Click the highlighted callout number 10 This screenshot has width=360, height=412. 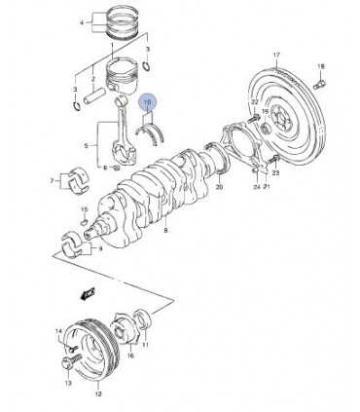(x=149, y=101)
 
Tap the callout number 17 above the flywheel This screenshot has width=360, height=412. (x=275, y=55)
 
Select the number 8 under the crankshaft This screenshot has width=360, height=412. (x=166, y=231)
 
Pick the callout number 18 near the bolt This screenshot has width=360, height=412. (x=321, y=65)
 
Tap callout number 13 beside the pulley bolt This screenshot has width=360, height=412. (x=69, y=384)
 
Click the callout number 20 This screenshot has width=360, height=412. (x=220, y=186)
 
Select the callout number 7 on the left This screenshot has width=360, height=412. (x=54, y=181)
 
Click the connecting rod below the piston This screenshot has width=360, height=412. (x=125, y=131)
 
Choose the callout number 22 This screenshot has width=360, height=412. (x=254, y=101)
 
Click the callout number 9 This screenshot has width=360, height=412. (x=99, y=249)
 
